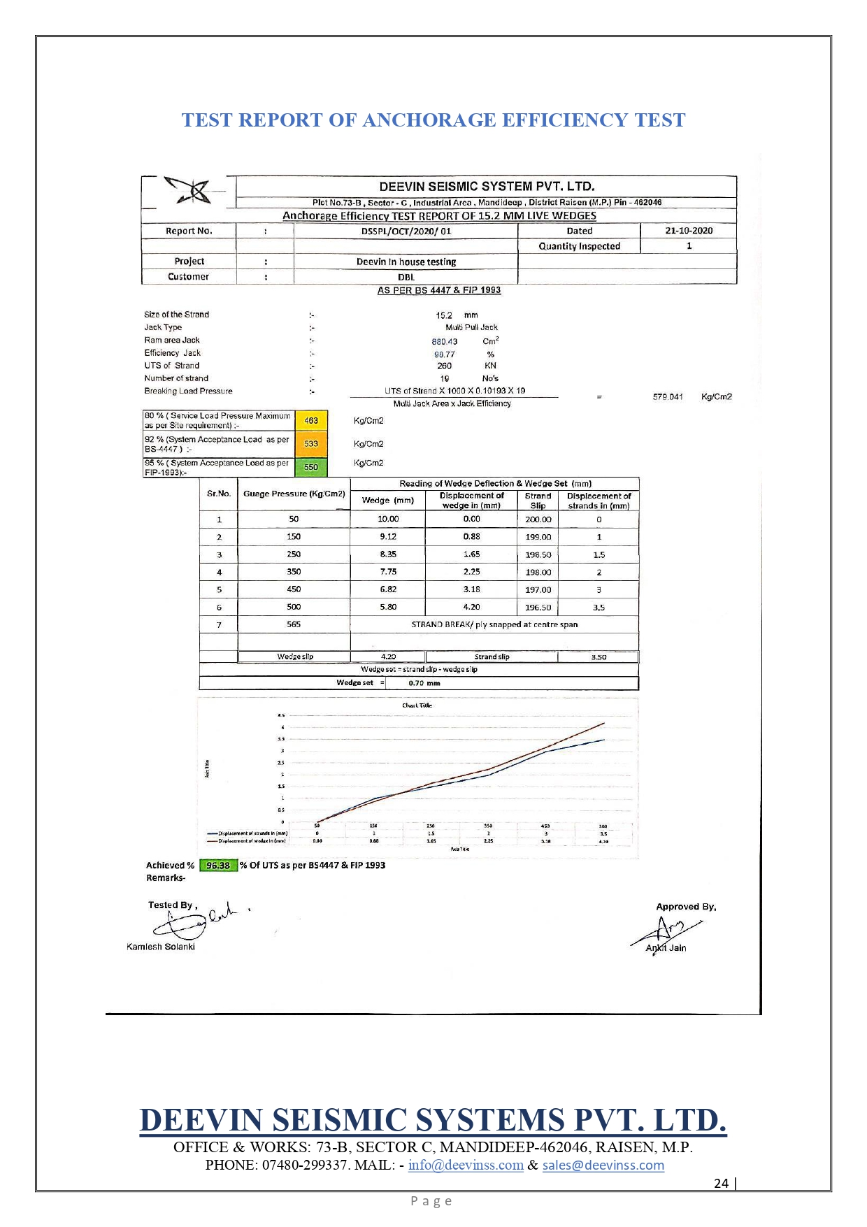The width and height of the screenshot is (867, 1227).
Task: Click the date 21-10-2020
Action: [689, 231]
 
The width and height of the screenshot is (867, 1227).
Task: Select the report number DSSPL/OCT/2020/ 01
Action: [406, 231]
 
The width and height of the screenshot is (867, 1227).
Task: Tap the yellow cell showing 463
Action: [311, 420]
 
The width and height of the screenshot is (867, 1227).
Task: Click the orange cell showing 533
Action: [311, 444]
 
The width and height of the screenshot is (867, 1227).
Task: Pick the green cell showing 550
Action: [311, 467]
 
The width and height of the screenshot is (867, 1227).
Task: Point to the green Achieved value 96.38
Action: [218, 866]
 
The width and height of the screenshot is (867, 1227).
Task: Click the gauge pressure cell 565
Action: [294, 624]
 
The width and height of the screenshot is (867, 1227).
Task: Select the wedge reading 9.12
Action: [388, 537]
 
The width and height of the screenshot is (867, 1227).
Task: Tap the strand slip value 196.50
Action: [538, 608]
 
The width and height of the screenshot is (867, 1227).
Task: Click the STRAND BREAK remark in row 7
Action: [494, 624]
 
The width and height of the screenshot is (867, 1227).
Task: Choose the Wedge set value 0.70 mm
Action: [424, 683]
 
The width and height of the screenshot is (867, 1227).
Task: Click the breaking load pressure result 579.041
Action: [668, 397]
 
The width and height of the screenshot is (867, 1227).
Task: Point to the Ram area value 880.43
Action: [445, 342]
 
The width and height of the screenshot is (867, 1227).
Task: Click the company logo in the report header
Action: [189, 191]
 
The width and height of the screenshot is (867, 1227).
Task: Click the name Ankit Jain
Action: [666, 948]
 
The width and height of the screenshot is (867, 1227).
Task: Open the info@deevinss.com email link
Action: [466, 1165]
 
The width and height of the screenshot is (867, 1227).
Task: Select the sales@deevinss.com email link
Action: [603, 1165]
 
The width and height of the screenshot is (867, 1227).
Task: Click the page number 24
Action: [721, 1183]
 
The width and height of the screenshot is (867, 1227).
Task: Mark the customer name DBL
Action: [406, 278]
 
